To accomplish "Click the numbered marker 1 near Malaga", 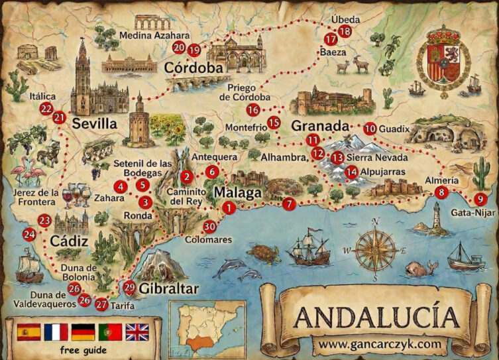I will pyautogui.click(x=229, y=208).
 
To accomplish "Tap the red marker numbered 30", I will pyautogui.click(x=210, y=226).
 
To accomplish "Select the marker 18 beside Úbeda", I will pyautogui.click(x=345, y=31).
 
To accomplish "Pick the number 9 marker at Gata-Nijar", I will pyautogui.click(x=480, y=199).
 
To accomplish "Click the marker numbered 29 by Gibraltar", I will pyautogui.click(x=130, y=287).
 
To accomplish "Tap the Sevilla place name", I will pyautogui.click(x=95, y=123).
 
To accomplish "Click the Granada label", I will pyautogui.click(x=320, y=125).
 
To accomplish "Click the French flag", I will pyautogui.click(x=56, y=331).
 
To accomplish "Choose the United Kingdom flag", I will pyautogui.click(x=137, y=331).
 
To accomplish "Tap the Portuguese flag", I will pyautogui.click(x=110, y=331).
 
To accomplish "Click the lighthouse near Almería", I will pyautogui.click(x=436, y=218).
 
